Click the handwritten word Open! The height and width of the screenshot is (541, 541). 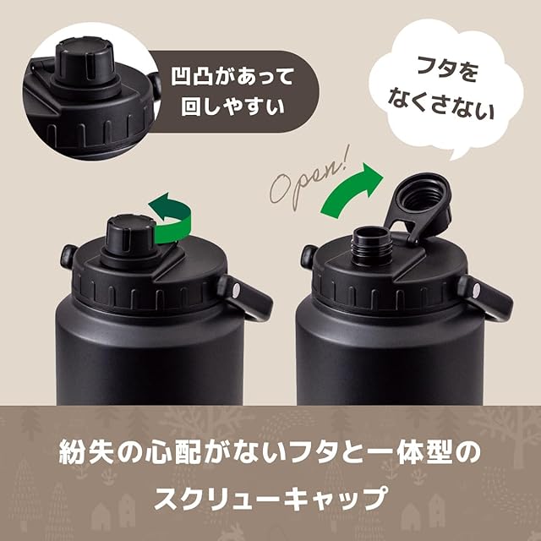tap(309, 179)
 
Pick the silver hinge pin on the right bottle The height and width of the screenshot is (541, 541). tap(477, 290)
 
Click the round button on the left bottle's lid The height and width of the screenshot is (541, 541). tap(68, 256)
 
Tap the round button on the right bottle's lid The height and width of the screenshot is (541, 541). tap(307, 256)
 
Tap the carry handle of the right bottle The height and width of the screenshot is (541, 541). tap(487, 298)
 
